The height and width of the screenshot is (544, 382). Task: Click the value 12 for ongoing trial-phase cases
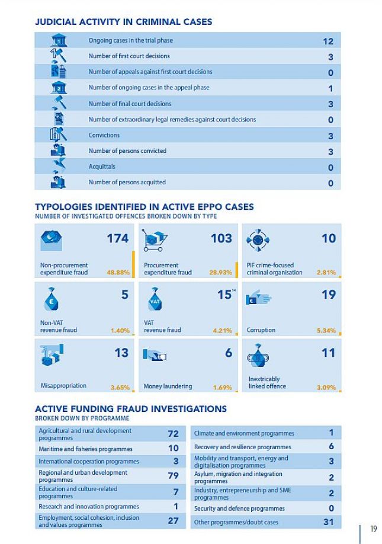point(328,41)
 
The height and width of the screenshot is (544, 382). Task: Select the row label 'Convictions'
point(104,135)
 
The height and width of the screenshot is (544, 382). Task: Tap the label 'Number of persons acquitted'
point(127,182)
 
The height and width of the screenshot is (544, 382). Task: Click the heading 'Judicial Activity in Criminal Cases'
point(123,21)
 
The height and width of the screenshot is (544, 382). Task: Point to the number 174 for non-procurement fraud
point(117,238)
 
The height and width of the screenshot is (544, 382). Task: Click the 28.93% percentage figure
point(220,273)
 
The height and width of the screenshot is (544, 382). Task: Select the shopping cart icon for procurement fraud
point(154,240)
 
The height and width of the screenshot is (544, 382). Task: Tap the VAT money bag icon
point(155,299)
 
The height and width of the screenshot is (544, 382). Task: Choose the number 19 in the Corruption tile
point(329,295)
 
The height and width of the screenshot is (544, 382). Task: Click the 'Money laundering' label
point(168,386)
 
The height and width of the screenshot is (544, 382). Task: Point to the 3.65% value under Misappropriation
point(120,387)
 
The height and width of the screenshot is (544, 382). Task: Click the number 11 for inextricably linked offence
point(329,353)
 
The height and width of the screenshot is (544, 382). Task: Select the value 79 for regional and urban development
point(174,475)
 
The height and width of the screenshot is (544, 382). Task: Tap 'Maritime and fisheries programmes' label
point(86,449)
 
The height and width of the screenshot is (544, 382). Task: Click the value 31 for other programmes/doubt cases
point(328,522)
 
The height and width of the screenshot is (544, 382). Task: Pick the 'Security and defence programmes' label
point(239,508)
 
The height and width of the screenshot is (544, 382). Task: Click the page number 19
point(373,529)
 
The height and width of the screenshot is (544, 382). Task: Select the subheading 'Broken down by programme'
point(82,418)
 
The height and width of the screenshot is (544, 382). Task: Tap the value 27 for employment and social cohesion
point(174,520)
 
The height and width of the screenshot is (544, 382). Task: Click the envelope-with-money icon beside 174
point(52,240)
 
